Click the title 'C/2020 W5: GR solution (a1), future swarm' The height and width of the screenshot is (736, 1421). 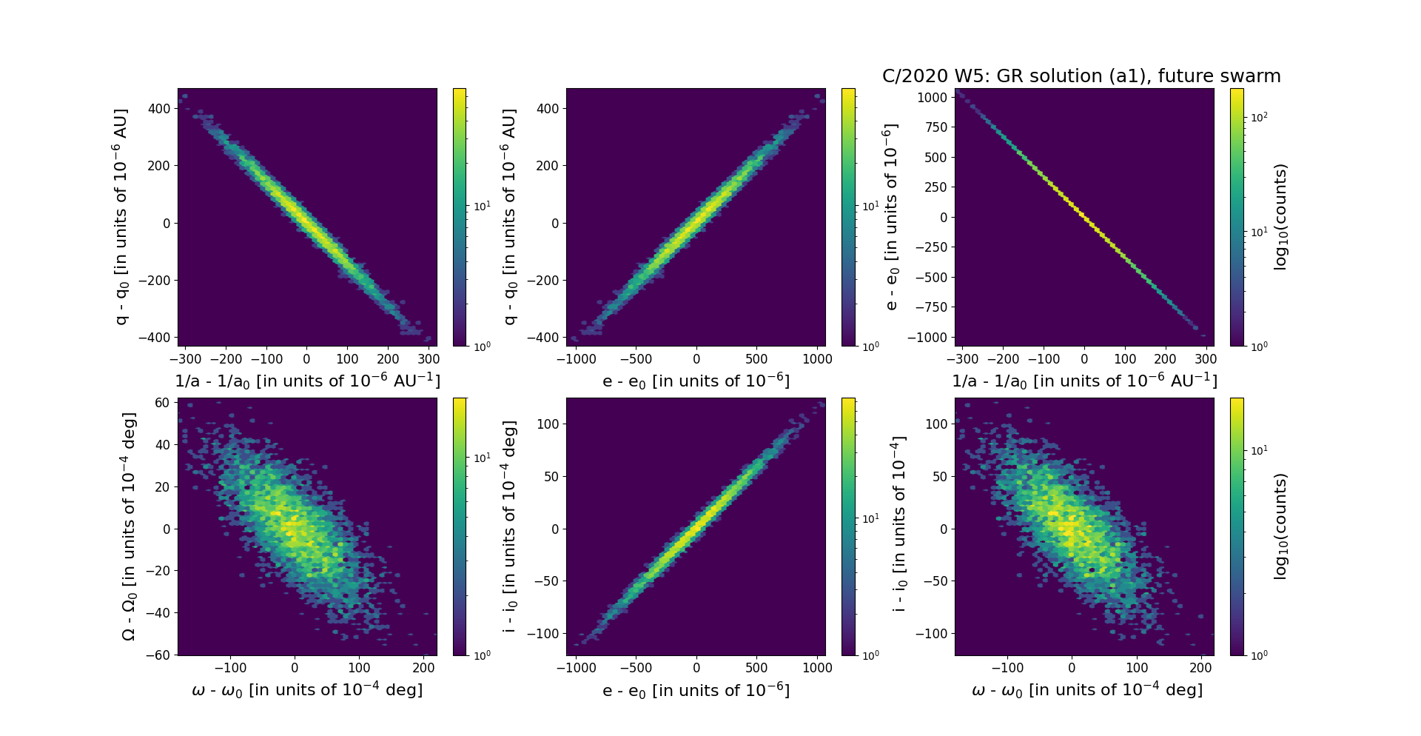(x=1081, y=76)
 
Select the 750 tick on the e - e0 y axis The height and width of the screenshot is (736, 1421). (x=936, y=127)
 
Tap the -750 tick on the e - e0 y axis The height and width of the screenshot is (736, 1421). (x=932, y=307)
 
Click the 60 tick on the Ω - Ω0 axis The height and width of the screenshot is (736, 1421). (x=163, y=403)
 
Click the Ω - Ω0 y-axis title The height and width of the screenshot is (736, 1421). (x=129, y=526)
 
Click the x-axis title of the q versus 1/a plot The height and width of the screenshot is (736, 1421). (x=307, y=381)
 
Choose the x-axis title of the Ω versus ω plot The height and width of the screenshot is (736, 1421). (x=307, y=690)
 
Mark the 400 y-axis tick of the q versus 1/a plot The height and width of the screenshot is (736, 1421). (x=158, y=108)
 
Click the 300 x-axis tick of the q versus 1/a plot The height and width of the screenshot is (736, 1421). (x=429, y=359)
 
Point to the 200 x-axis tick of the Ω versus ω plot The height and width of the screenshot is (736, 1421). (x=423, y=668)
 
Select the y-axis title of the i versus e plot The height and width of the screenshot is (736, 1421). (x=509, y=526)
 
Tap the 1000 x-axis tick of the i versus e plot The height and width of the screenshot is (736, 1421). (x=817, y=668)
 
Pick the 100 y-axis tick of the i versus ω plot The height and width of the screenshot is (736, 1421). (x=937, y=424)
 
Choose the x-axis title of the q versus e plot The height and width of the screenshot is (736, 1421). (x=696, y=381)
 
